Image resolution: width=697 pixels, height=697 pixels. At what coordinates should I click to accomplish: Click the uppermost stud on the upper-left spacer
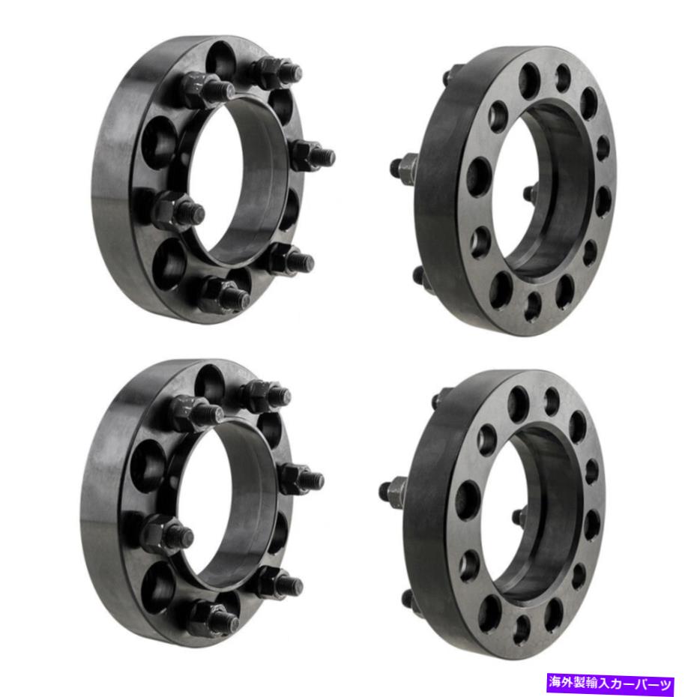click(x=278, y=71)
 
